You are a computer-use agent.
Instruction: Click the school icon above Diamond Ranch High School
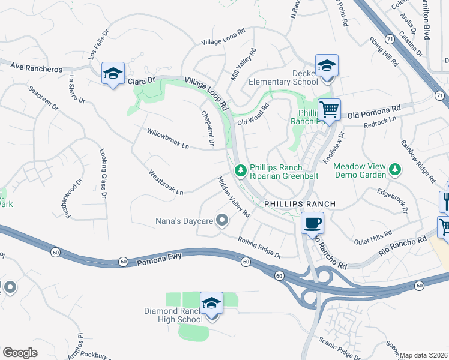[x=211, y=304]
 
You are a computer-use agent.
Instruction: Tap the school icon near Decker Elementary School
[x=327, y=66]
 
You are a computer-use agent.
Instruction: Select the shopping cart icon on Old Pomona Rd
[x=328, y=110]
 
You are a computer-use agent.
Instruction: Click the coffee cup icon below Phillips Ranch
[x=312, y=224]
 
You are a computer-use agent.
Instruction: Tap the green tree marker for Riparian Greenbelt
[x=241, y=171]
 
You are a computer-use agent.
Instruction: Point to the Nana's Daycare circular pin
[x=222, y=221]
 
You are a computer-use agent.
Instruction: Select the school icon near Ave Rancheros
[x=113, y=74]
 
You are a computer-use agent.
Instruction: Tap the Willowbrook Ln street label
[x=168, y=137]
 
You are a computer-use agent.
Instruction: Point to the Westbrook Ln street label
[x=166, y=183]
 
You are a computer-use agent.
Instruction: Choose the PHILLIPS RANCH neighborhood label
[x=300, y=204]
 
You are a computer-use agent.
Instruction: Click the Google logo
[x=20, y=352]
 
